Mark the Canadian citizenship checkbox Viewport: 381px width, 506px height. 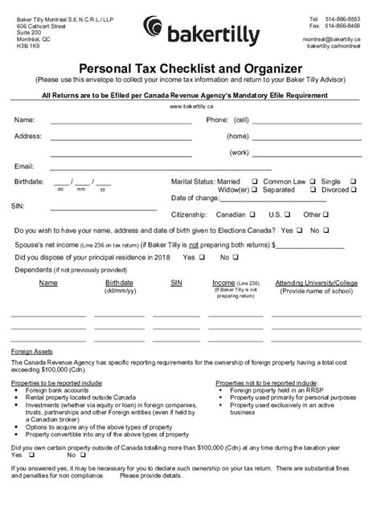coord(253,214)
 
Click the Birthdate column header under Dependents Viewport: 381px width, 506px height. coord(118,283)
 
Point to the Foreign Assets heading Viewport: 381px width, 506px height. coord(31,353)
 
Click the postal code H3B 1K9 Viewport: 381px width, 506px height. coord(29,46)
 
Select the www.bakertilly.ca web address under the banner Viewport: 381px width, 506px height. coord(190,106)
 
